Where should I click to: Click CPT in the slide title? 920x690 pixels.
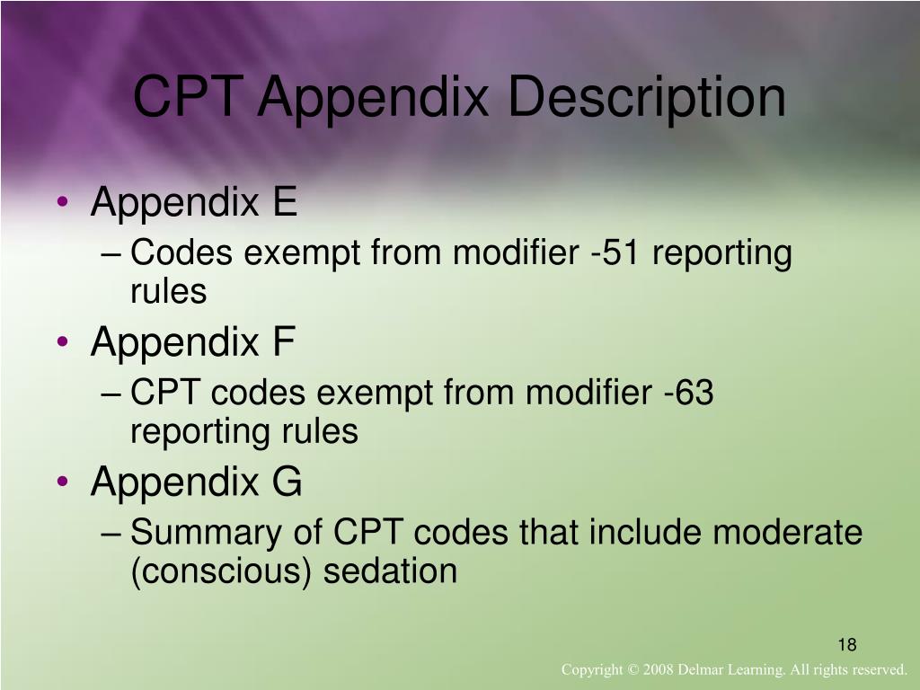pos(188,98)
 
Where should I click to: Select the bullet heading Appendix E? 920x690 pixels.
pos(193,204)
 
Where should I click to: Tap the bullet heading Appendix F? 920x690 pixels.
pos(192,342)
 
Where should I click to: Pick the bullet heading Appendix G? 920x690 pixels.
pos(196,482)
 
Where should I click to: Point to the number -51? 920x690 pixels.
pos(615,254)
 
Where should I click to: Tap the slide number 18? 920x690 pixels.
pos(847,645)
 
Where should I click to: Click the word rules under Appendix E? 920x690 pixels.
pos(169,292)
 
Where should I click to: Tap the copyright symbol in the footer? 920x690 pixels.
pos(628,670)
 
